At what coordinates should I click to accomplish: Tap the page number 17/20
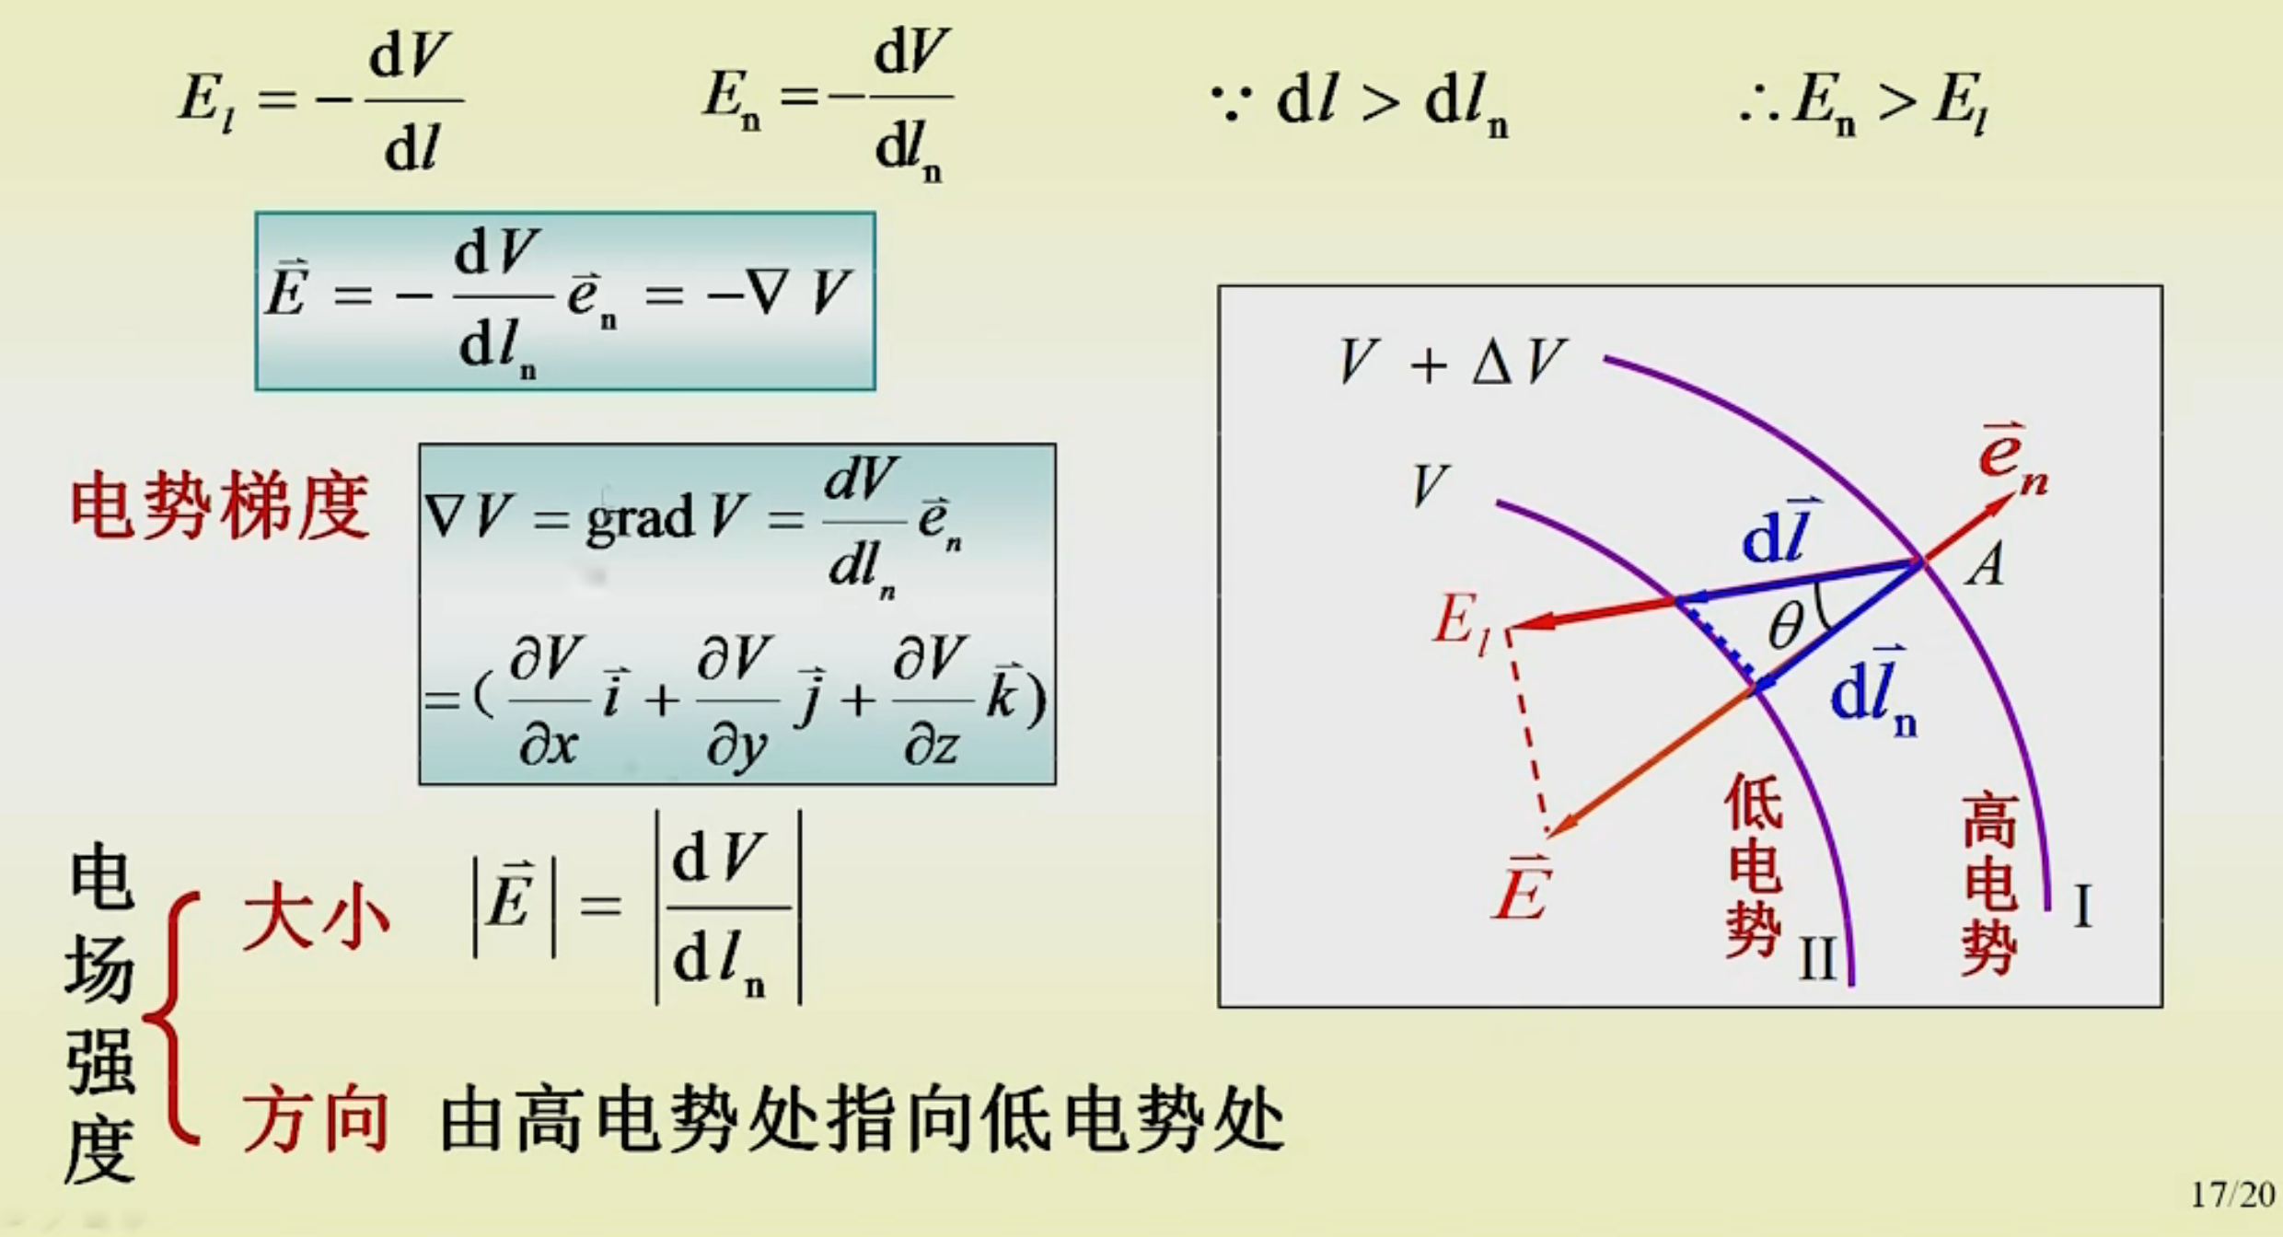point(2231,1195)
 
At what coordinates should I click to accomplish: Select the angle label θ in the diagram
point(1785,628)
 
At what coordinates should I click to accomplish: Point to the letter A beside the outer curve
point(1985,563)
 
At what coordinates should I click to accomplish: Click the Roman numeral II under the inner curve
point(1817,960)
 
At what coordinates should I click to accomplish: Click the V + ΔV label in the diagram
point(1453,361)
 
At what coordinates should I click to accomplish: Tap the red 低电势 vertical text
point(1755,866)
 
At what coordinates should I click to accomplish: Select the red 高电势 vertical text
point(1989,883)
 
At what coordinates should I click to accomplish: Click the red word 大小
point(315,919)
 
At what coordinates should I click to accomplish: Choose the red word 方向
point(315,1120)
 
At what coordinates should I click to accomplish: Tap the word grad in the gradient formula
point(640,518)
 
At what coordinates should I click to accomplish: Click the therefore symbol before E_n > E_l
point(1760,109)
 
